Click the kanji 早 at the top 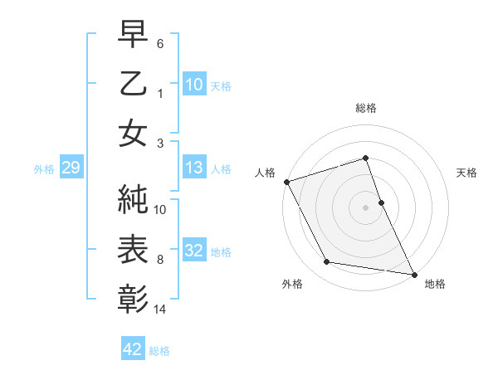[x=133, y=35]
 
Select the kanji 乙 [x=133, y=85]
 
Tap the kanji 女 [x=133, y=134]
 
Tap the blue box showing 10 [x=193, y=85]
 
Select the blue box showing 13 [x=193, y=168]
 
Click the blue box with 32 [x=193, y=251]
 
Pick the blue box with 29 [x=71, y=168]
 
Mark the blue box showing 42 [x=132, y=349]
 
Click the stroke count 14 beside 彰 [x=161, y=310]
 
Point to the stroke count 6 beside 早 [x=161, y=42]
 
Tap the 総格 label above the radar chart [x=366, y=108]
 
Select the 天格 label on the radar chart [x=467, y=173]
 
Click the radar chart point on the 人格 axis [x=286, y=181]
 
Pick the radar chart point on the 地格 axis [x=414, y=273]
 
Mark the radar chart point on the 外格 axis [x=327, y=262]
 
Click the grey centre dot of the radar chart [x=366, y=207]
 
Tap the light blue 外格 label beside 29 [x=44, y=169]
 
